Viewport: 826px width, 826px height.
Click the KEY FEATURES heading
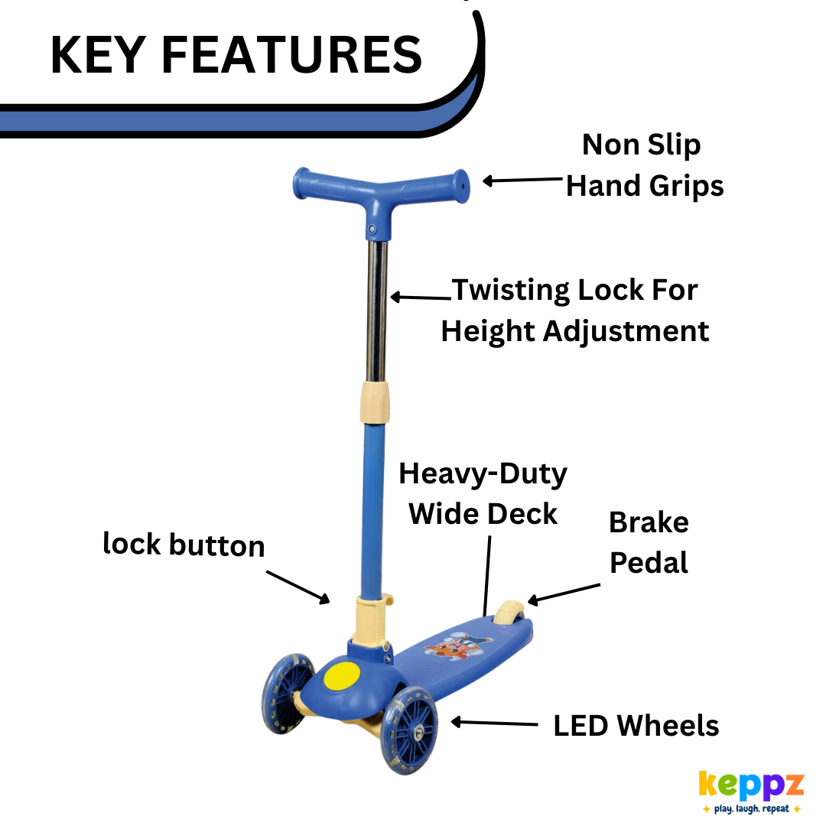point(236,54)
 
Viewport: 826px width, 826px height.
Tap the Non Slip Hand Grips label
point(644,165)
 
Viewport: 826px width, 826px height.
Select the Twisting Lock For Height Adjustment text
point(575,311)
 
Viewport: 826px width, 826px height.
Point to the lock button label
point(184,545)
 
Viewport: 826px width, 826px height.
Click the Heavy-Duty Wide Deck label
point(483,494)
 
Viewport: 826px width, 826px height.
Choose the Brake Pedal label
point(649,542)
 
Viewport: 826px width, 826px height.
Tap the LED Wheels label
point(636,725)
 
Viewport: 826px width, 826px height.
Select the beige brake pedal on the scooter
point(507,612)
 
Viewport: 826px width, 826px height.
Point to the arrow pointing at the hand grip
point(522,180)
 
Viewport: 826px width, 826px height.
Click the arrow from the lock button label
point(298,586)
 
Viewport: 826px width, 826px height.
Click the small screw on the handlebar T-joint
point(372,229)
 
